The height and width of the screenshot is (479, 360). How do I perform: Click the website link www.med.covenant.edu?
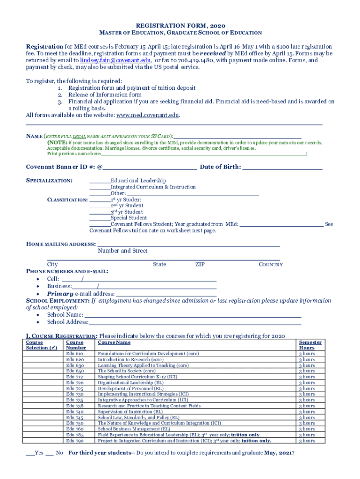[x=147, y=115]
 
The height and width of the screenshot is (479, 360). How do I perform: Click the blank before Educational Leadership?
[x=100, y=181]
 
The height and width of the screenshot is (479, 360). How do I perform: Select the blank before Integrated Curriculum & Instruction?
[x=100, y=187]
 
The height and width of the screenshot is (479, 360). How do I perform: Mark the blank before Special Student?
[x=100, y=218]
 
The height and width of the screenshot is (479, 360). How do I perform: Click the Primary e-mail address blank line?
[x=166, y=294]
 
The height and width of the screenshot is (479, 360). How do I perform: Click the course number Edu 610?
[x=75, y=354]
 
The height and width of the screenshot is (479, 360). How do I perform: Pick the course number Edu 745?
[x=75, y=417]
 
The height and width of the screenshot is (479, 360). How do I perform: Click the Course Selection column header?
[x=37, y=345]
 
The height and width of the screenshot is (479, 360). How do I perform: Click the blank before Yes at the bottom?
[x=30, y=453]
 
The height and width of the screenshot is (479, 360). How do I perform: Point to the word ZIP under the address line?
[x=200, y=264]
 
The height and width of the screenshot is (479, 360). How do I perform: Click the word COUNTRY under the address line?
[x=271, y=264]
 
